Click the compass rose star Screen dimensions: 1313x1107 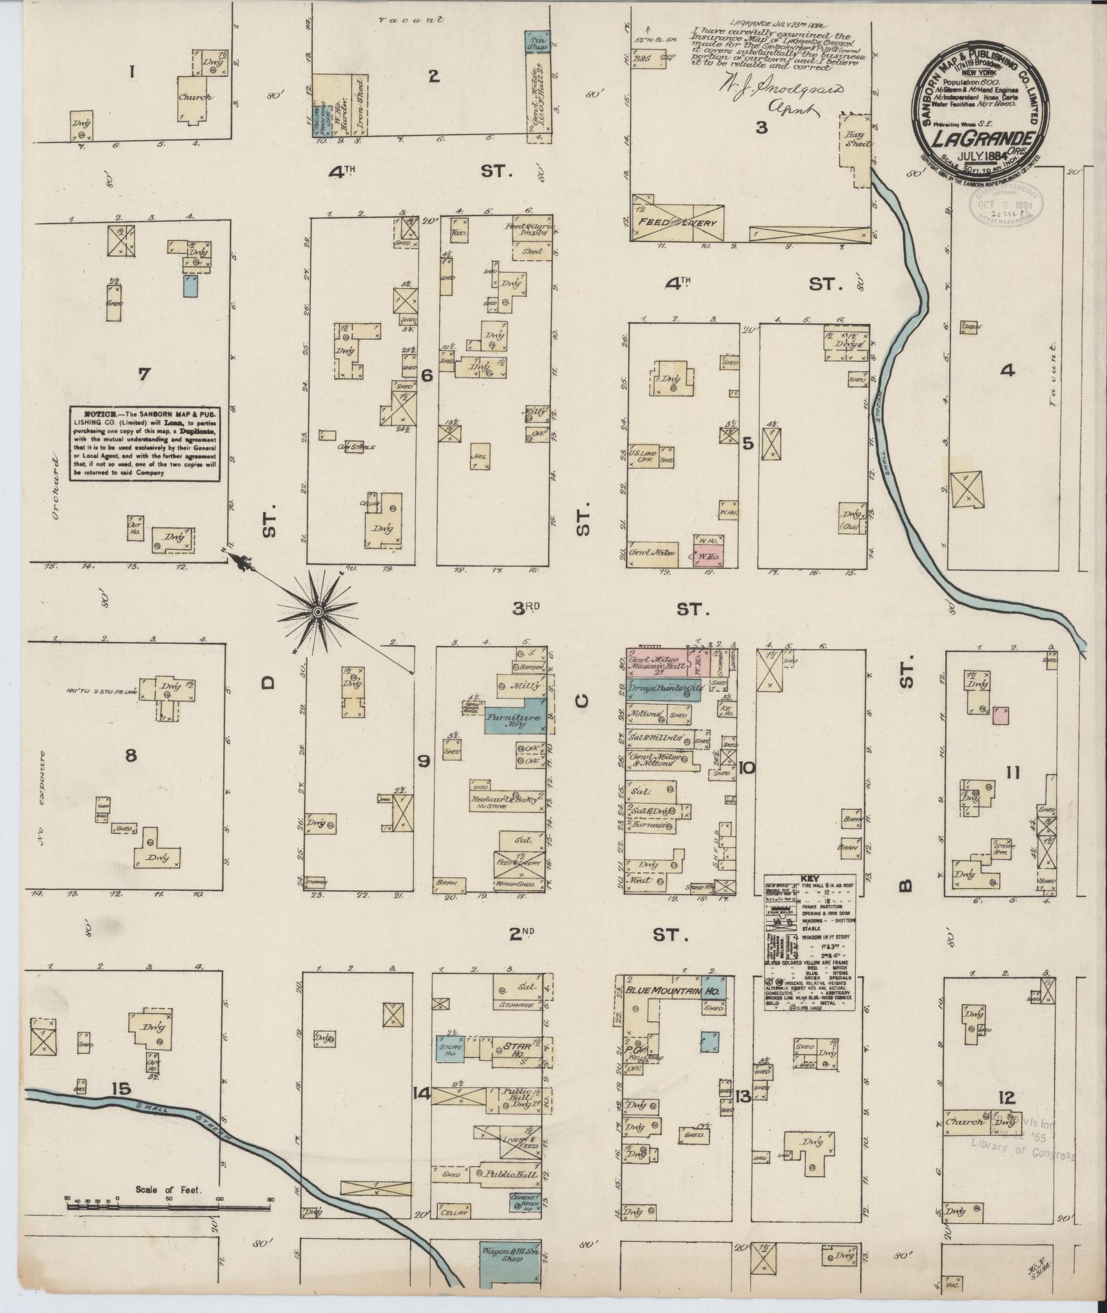[318, 611]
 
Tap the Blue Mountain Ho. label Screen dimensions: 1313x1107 [669, 991]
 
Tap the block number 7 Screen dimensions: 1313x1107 [143, 374]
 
